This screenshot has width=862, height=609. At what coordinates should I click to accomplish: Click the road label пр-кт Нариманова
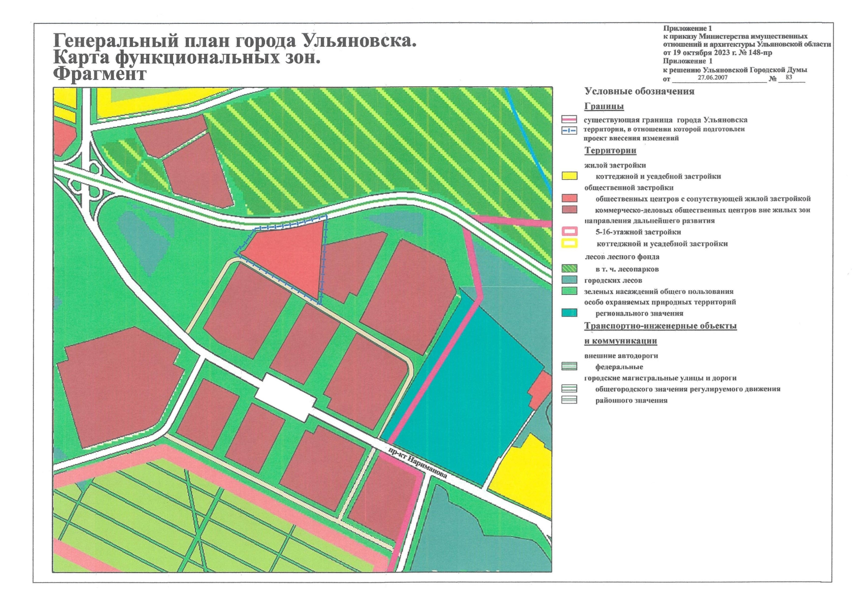click(x=417, y=463)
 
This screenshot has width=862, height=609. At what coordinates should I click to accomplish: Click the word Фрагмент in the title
click(x=100, y=74)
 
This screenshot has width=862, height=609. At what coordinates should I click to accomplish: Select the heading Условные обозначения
click(x=639, y=91)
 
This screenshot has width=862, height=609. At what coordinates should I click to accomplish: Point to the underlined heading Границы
click(x=604, y=106)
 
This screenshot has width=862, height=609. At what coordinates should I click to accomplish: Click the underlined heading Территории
click(x=610, y=150)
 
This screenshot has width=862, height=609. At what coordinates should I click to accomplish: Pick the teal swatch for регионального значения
click(x=569, y=313)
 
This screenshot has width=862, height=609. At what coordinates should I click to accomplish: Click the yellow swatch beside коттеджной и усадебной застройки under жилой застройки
click(x=569, y=176)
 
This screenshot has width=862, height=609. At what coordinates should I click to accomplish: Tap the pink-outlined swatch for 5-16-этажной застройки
click(x=569, y=232)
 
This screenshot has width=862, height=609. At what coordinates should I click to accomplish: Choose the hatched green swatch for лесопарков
click(x=569, y=269)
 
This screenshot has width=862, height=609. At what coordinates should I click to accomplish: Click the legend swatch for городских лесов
click(x=569, y=280)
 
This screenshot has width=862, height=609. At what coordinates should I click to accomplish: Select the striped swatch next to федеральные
click(x=569, y=366)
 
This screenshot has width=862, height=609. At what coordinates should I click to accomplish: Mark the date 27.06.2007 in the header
click(x=712, y=78)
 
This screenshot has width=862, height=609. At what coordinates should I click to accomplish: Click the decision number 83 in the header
click(x=788, y=78)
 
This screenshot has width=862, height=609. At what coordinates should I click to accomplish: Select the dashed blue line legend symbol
click(x=569, y=130)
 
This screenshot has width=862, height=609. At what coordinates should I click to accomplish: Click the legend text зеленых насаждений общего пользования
click(x=658, y=291)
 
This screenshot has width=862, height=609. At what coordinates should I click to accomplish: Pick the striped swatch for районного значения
click(x=569, y=400)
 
